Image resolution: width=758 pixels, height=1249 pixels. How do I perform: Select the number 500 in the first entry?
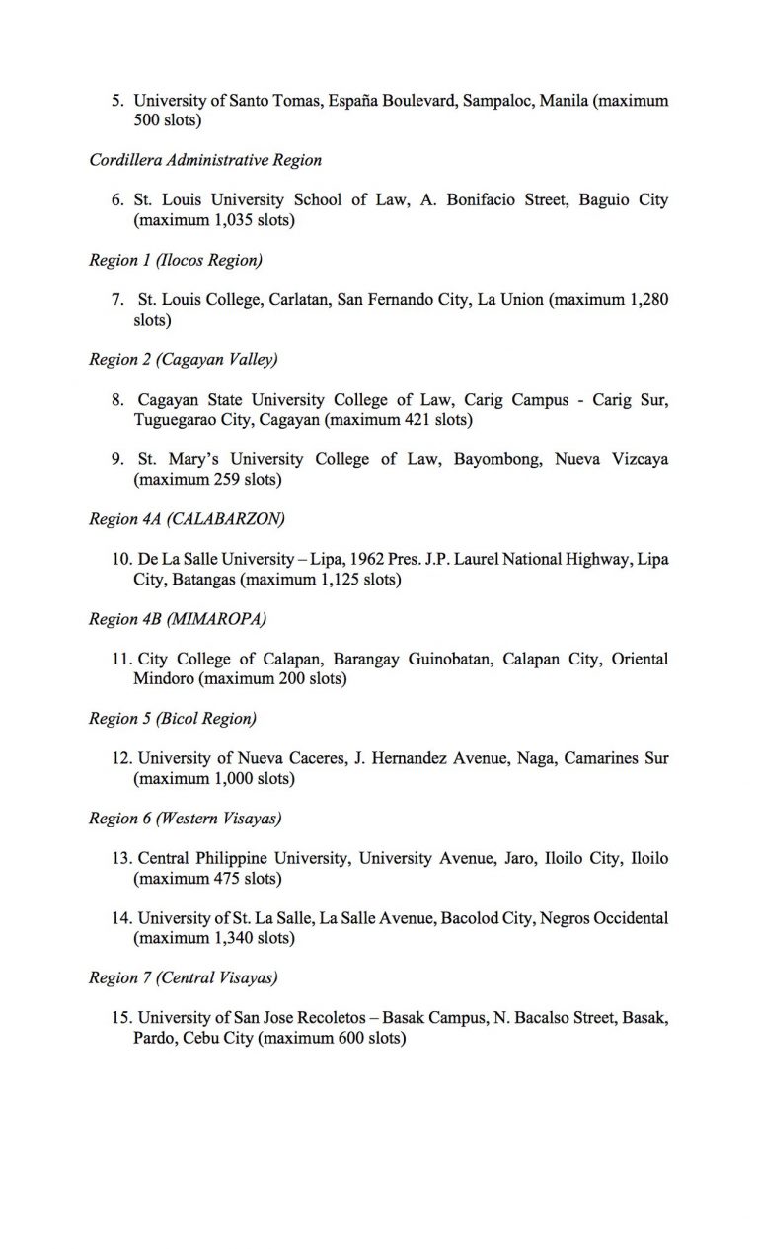(x=146, y=121)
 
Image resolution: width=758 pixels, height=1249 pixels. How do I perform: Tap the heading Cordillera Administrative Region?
(x=205, y=160)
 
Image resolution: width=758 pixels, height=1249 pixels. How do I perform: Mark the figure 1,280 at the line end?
(x=646, y=300)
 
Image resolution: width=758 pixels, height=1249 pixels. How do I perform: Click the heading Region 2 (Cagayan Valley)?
(x=177, y=360)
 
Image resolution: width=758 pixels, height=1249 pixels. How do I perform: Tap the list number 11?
(x=122, y=660)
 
